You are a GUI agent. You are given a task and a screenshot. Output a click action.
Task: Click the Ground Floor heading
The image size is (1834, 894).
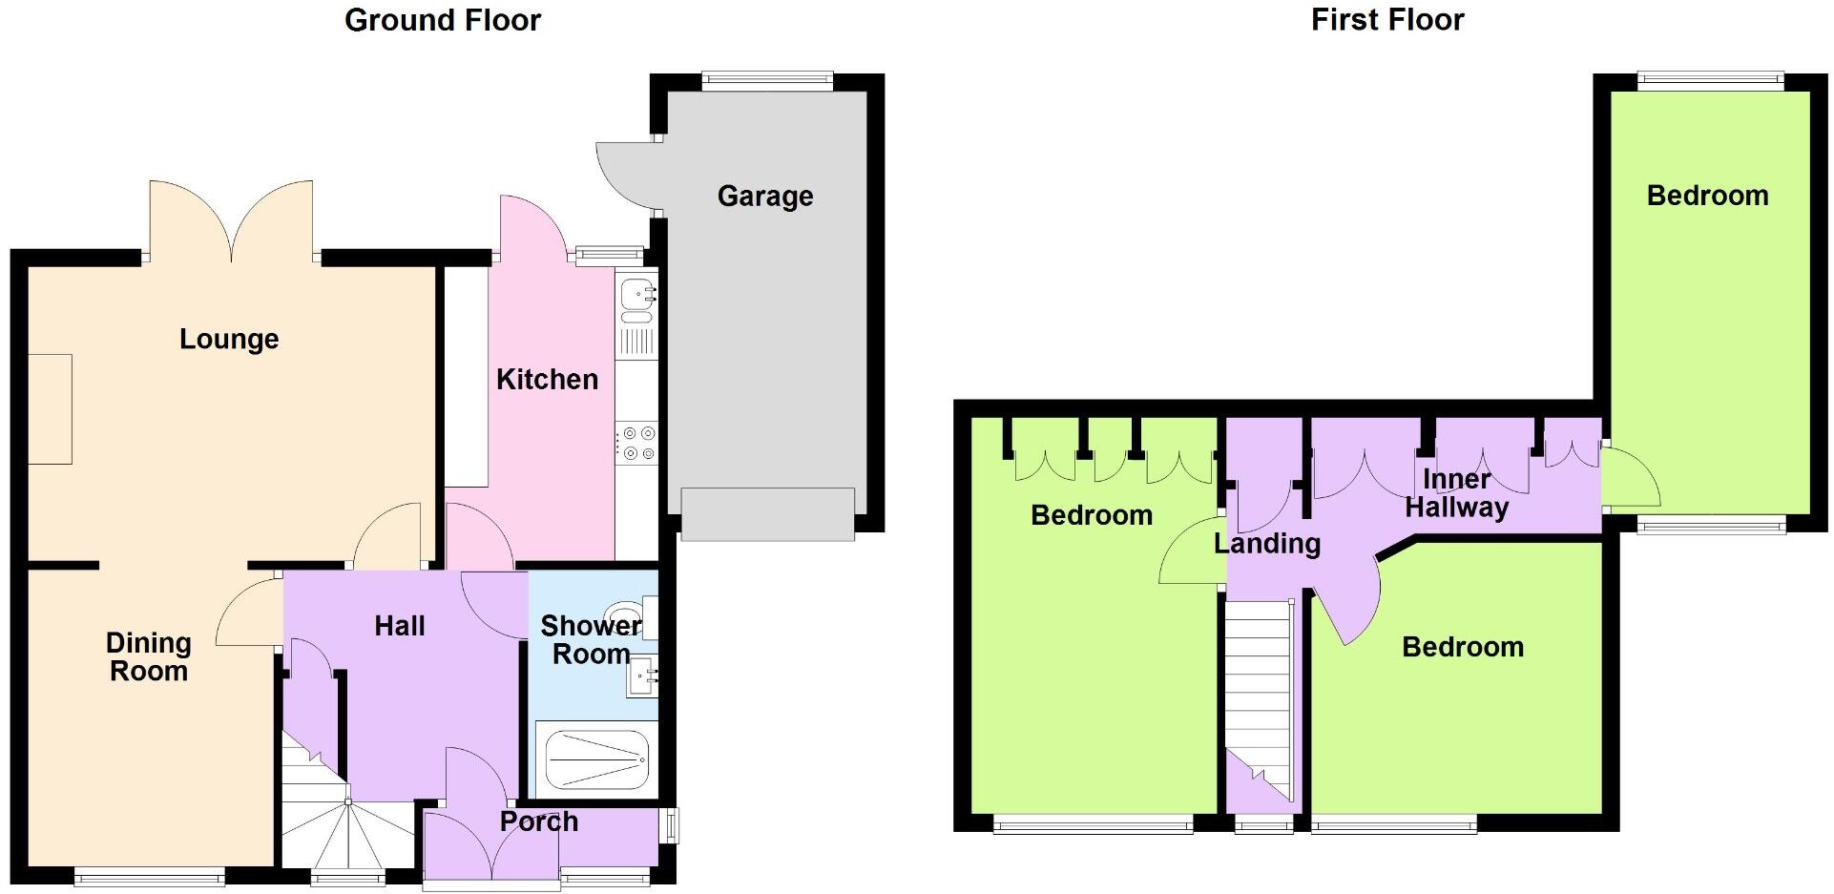point(442,20)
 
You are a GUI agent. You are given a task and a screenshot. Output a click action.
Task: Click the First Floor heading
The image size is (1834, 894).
point(1386,20)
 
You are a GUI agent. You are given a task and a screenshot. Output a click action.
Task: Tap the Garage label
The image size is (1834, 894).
point(765,197)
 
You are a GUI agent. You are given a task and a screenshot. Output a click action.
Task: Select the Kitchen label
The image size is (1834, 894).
point(547,380)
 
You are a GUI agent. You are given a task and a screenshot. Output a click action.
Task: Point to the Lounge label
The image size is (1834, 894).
point(229,340)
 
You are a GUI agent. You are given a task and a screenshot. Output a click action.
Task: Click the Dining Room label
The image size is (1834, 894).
point(148,656)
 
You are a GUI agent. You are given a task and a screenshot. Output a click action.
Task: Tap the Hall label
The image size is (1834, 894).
point(399,626)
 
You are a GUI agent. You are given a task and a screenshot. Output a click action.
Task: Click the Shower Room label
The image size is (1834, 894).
point(591,640)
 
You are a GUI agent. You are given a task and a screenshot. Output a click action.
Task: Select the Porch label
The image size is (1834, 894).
point(538,821)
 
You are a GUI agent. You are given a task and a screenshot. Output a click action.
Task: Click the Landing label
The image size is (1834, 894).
point(1266,544)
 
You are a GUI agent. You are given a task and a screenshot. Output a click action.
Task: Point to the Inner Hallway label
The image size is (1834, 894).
point(1456,493)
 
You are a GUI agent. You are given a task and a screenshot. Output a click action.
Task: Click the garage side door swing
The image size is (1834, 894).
point(625,175)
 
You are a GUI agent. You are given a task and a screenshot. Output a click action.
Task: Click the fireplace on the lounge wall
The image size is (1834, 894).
point(50,409)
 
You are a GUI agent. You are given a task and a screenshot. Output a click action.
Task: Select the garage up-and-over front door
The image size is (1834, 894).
point(767,514)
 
